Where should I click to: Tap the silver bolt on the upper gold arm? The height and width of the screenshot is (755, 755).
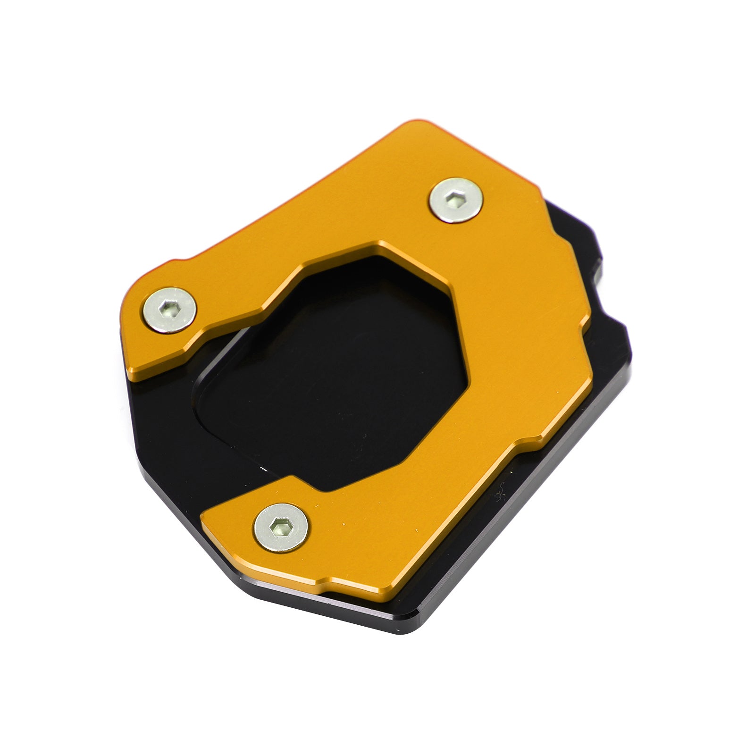(170, 310)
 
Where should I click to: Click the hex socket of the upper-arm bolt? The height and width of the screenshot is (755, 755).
(168, 310)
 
